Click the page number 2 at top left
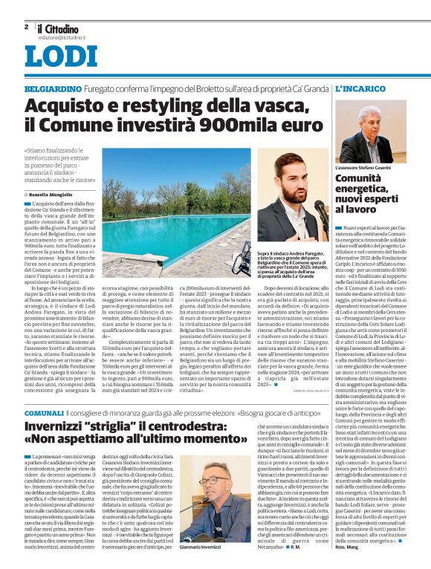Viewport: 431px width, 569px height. pyautogui.click(x=26, y=26)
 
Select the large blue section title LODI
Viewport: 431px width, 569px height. pyautogui.click(x=61, y=57)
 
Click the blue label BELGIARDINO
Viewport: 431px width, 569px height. pyautogui.click(x=52, y=88)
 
